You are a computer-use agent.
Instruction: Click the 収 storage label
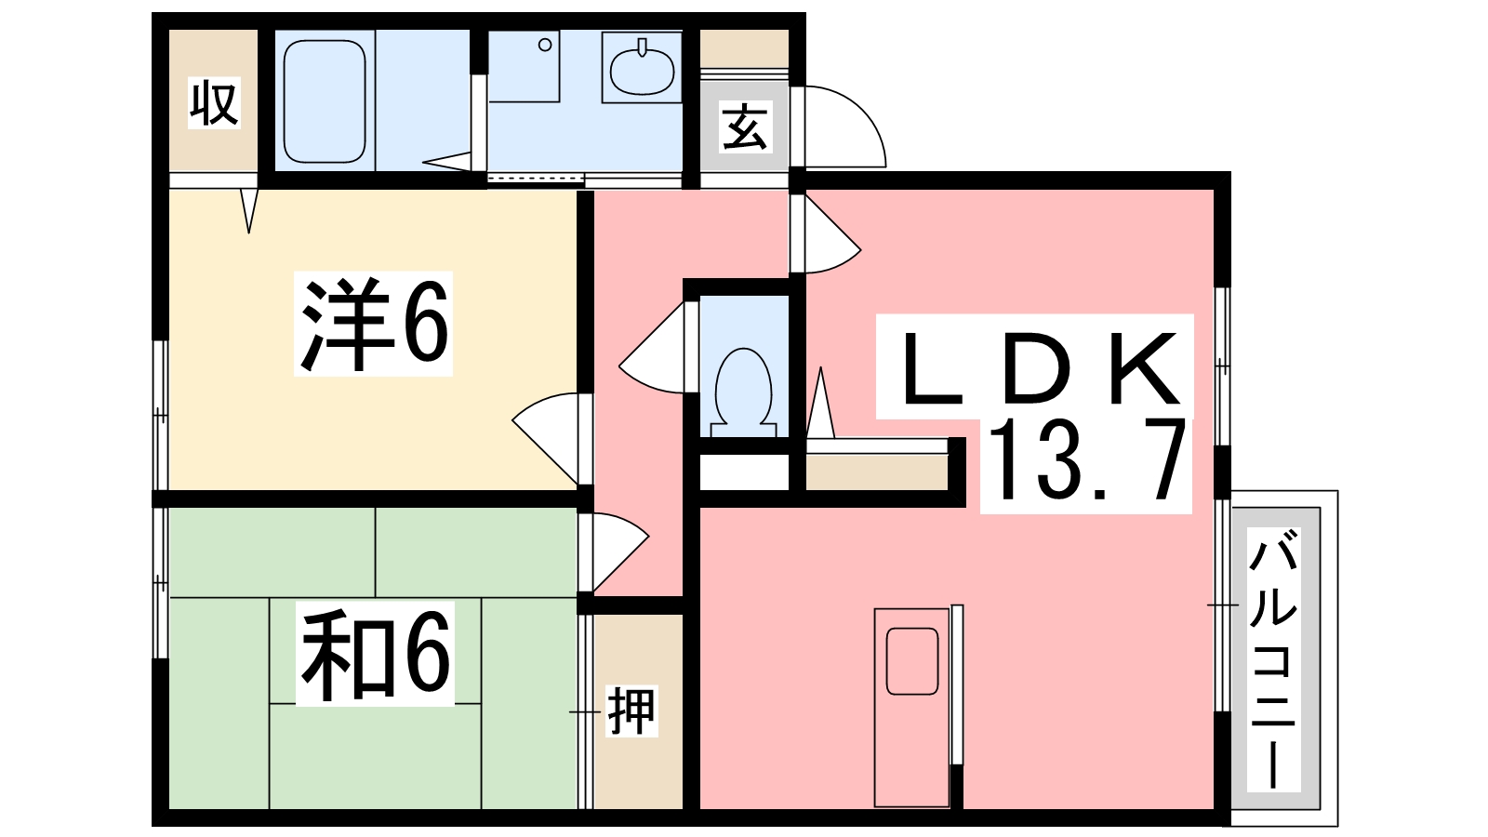(x=215, y=103)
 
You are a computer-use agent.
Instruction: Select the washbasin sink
(x=642, y=68)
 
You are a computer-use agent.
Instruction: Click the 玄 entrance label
(x=745, y=127)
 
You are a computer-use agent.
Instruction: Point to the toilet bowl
(x=743, y=387)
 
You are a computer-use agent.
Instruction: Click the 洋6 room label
(x=373, y=325)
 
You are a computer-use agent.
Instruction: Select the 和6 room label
(x=375, y=653)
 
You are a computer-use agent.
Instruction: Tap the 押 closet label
(x=632, y=711)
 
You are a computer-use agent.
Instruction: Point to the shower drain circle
(x=545, y=45)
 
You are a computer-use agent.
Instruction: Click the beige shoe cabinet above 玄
(x=744, y=48)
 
